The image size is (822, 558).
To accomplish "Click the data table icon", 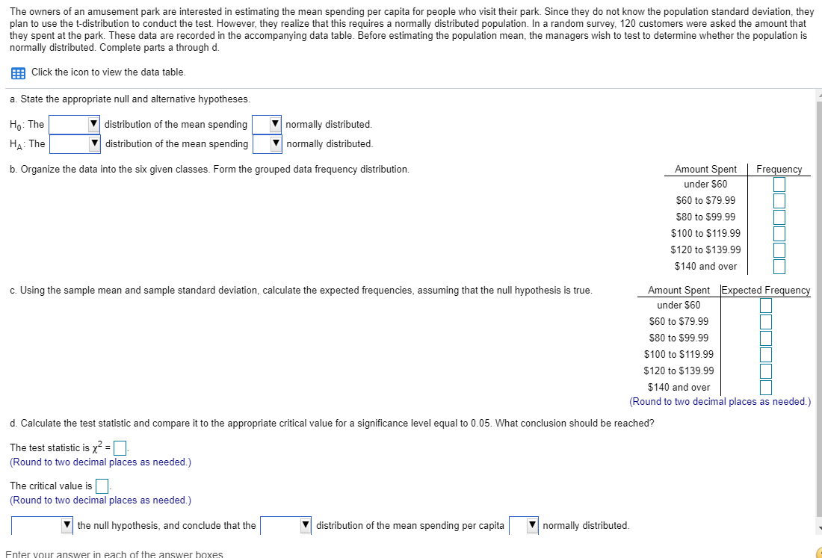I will click(x=17, y=72).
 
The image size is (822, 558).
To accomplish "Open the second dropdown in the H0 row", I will click(x=267, y=124).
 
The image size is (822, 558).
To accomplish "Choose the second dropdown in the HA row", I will click(x=268, y=143).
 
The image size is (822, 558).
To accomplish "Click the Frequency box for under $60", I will click(x=779, y=184).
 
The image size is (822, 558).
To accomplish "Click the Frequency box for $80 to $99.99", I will click(x=779, y=217).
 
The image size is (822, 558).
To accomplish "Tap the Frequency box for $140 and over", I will click(x=779, y=266).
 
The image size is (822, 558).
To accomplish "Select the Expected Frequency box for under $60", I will click(x=766, y=305).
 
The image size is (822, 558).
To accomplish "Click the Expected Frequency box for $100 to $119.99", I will click(x=766, y=354).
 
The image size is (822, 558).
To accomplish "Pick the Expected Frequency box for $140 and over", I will click(x=766, y=387).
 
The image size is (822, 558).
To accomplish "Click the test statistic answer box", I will click(x=122, y=448).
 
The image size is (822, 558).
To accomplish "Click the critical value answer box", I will click(x=102, y=486).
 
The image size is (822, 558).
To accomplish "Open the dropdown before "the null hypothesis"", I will click(x=42, y=526).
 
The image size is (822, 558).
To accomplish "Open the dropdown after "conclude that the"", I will click(x=285, y=526).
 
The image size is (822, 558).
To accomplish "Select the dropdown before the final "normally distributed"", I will click(x=524, y=526).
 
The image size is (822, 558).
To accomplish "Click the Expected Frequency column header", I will click(x=764, y=290).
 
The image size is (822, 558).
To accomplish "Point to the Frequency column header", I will click(x=779, y=170).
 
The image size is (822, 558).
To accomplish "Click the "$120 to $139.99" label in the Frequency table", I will click(x=705, y=249).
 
